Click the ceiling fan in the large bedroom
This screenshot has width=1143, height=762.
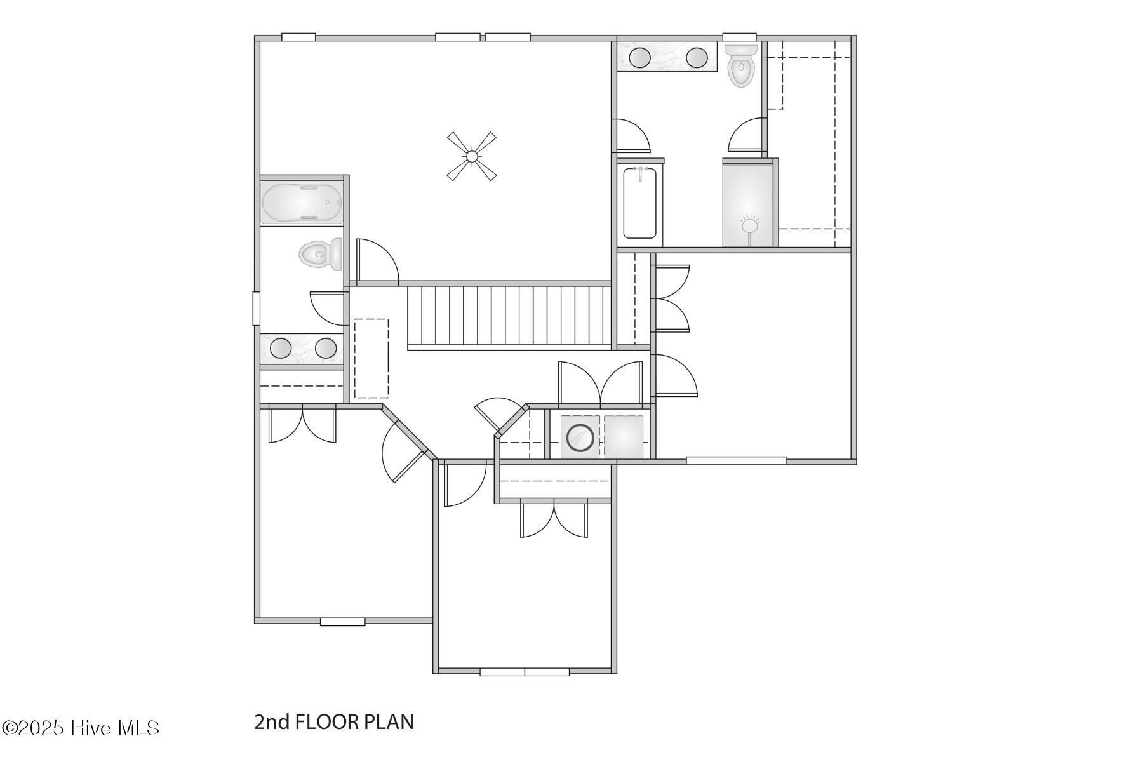point(471,156)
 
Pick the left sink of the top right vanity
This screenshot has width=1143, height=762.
point(639,57)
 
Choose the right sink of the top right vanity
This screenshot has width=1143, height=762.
point(697,57)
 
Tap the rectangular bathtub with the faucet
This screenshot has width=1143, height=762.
point(639,202)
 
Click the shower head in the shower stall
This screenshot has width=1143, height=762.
point(751,224)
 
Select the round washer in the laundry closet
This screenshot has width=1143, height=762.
point(580,438)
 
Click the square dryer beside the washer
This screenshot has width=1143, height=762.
point(624,437)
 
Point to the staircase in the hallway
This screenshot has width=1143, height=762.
point(508,316)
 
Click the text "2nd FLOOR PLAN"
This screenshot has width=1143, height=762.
point(334,722)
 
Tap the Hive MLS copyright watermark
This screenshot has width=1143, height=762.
point(81,728)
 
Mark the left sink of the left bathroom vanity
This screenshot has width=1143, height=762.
point(280,348)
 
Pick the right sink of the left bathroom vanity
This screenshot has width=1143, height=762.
point(326,348)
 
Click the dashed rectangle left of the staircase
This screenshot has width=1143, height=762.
point(371,358)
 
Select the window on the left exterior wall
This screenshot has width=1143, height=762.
point(256,309)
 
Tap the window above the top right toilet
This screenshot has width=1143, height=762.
point(739,37)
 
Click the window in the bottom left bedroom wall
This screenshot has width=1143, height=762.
point(342,622)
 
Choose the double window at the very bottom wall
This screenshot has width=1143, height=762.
point(525,672)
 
